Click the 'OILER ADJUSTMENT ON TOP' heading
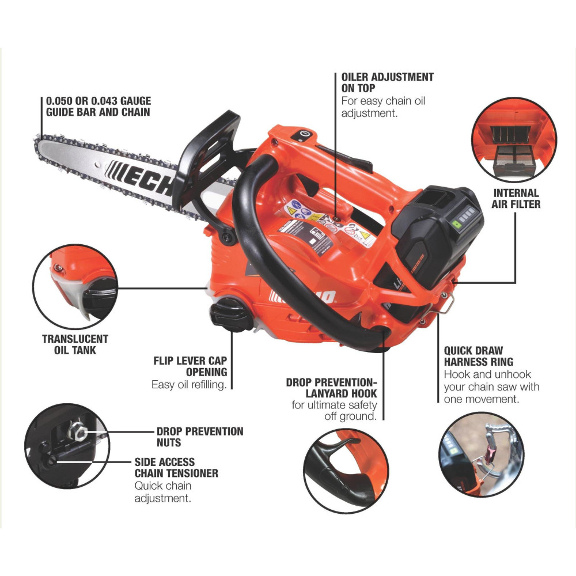[387, 82]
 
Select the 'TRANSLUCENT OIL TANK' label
[75, 344]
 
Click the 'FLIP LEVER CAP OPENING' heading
[190, 367]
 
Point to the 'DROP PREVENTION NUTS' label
[199, 437]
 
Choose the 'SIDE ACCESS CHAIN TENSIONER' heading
[176, 467]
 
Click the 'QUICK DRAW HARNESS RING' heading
[478, 356]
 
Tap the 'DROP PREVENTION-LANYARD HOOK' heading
[331, 388]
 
